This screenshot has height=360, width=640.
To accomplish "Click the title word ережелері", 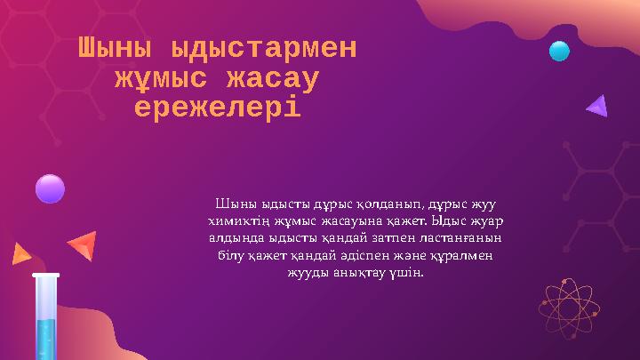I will tap(217, 108).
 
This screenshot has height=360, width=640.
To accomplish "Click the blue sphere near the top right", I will tap(559, 51).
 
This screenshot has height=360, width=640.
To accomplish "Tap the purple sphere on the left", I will tap(50, 188).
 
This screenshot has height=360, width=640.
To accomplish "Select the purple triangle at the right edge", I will tap(597, 107).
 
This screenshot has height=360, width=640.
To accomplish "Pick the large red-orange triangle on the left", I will tap(83, 244).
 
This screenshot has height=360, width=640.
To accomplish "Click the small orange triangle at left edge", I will tap(20, 255).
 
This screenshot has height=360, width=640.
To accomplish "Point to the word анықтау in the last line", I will tap(361, 271).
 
